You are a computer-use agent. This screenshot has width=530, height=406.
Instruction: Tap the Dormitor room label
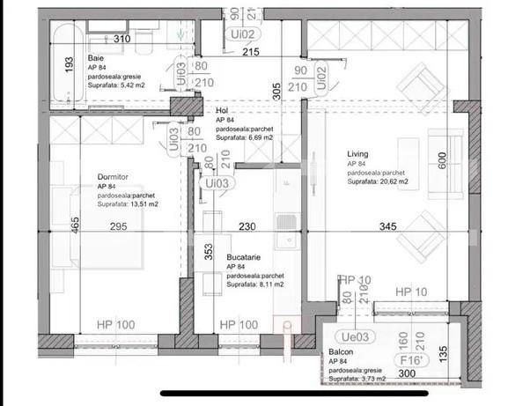pyautogui.click(x=113, y=177)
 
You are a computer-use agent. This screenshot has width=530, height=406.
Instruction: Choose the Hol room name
pyautogui.click(x=222, y=111)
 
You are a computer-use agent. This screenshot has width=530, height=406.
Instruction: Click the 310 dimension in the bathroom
pyautogui.click(x=122, y=40)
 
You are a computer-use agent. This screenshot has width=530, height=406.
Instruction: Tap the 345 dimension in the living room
pyautogui.click(x=387, y=227)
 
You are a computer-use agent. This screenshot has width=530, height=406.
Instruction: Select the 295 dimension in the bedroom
pyautogui.click(x=119, y=227)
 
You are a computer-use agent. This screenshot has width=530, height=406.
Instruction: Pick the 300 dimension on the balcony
pyautogui.click(x=406, y=374)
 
